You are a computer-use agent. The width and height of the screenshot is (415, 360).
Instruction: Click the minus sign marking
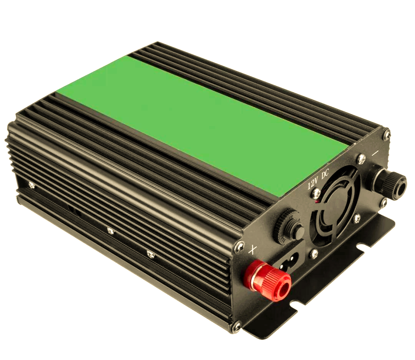point(375,154)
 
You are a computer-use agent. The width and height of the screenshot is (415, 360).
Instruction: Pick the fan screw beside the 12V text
point(315,193)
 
